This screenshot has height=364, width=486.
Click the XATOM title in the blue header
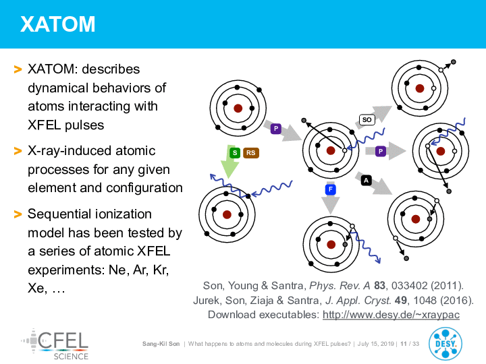57,24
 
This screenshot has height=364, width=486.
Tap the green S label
235,152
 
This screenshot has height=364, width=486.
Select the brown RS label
250,152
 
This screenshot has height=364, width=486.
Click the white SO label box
367,120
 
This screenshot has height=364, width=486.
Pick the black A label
367,181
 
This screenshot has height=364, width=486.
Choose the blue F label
331,189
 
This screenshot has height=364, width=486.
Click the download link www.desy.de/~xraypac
391,315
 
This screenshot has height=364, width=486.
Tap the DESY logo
446,344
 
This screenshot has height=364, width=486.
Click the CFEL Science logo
55,344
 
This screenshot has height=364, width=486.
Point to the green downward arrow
230,162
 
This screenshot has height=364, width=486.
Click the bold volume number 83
379,285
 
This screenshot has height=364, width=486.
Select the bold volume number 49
401,300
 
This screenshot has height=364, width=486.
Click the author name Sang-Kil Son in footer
161,344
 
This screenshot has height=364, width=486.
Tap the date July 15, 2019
376,344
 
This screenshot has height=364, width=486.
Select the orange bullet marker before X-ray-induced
18,152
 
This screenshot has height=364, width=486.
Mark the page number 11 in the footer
404,344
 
